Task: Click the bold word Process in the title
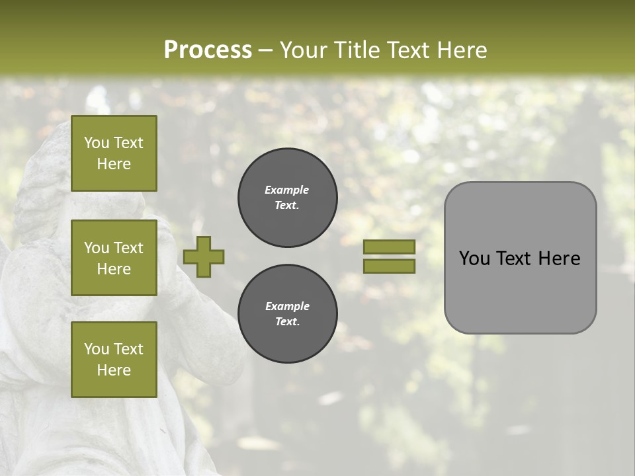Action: [x=208, y=50]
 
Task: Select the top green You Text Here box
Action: [x=114, y=153]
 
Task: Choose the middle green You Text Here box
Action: [x=114, y=258]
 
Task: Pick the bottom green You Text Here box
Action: [x=114, y=360]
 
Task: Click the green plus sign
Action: [x=204, y=257]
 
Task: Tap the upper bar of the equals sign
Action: [x=389, y=247]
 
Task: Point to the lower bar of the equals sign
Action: [x=389, y=266]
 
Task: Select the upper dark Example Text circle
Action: [x=287, y=198]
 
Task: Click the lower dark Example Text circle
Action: [x=287, y=314]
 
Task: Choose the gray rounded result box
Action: [x=520, y=258]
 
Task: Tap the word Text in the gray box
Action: [x=514, y=258]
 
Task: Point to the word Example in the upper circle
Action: [x=286, y=190]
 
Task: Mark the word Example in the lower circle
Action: [x=287, y=306]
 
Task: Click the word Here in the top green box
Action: [x=114, y=164]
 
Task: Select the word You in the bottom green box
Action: [x=97, y=349]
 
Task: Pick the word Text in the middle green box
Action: [x=128, y=248]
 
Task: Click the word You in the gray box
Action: [x=474, y=258]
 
